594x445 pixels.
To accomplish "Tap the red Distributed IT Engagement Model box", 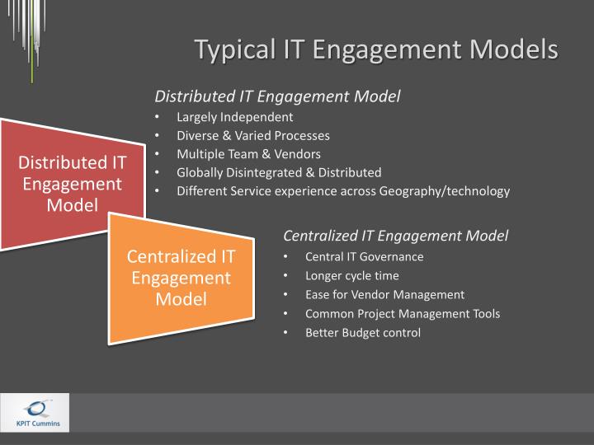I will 73,181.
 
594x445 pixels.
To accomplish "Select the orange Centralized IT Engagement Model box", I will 181,276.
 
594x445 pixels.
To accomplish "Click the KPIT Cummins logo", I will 35,413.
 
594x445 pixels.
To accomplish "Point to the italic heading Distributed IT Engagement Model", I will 277,96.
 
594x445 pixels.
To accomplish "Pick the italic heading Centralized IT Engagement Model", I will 396,236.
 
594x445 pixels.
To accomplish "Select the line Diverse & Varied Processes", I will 252,135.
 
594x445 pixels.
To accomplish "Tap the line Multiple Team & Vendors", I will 248,154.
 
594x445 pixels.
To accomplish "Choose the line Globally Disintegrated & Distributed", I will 279,172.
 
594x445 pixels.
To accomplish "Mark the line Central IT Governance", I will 364,256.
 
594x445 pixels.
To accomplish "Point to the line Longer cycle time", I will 351,275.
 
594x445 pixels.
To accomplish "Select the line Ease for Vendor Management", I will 384,294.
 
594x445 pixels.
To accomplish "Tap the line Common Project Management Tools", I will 402,313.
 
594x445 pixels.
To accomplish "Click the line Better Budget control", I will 362,333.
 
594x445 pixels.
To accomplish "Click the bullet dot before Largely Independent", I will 157,117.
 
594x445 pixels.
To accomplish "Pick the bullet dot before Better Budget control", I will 285,333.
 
